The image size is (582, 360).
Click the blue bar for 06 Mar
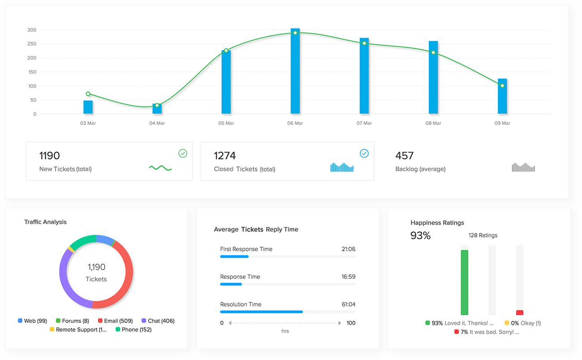click(295, 72)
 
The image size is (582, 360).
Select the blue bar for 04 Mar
click(157, 109)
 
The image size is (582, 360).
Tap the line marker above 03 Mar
click(88, 94)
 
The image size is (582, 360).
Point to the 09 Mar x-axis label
click(502, 123)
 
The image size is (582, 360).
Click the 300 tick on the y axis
click(31, 30)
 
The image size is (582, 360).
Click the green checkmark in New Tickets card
click(183, 154)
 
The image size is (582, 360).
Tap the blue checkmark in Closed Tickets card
click(364, 154)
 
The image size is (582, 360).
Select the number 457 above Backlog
click(404, 156)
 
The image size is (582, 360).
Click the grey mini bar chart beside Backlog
click(523, 167)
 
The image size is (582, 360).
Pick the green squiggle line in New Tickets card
click(160, 168)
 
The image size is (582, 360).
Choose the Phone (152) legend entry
click(133, 330)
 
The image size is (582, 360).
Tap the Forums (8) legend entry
click(72, 321)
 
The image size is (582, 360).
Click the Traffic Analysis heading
click(45, 222)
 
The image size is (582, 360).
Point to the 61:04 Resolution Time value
click(348, 304)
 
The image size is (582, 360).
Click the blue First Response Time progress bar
click(234, 257)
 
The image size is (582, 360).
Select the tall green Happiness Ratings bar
click(464, 283)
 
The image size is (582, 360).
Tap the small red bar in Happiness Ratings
click(519, 313)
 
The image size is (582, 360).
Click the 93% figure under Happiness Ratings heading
click(420, 236)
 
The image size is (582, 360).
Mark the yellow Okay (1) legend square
click(507, 323)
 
